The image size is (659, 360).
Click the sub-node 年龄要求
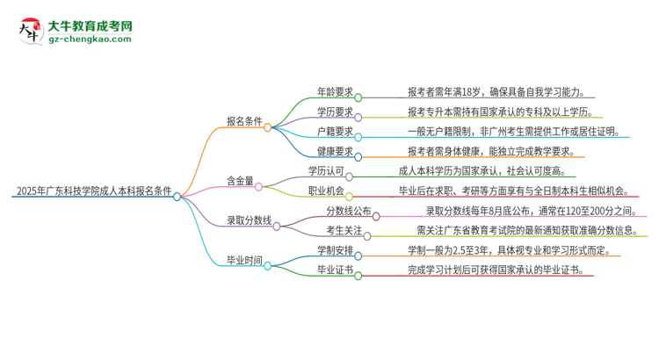click(x=335, y=90)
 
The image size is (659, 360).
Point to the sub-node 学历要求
click(x=335, y=112)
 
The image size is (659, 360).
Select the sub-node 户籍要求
click(x=335, y=131)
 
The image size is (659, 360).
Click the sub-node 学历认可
click(x=325, y=170)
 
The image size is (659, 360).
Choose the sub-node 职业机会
click(x=325, y=191)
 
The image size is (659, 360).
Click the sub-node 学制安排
click(x=335, y=249)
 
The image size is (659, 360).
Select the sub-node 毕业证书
click(x=335, y=270)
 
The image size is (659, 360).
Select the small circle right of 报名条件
click(x=267, y=127)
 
